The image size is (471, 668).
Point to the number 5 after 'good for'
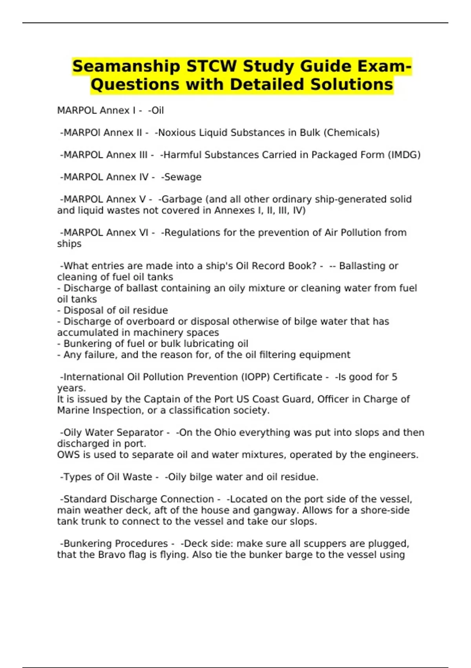pyautogui.click(x=394, y=377)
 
